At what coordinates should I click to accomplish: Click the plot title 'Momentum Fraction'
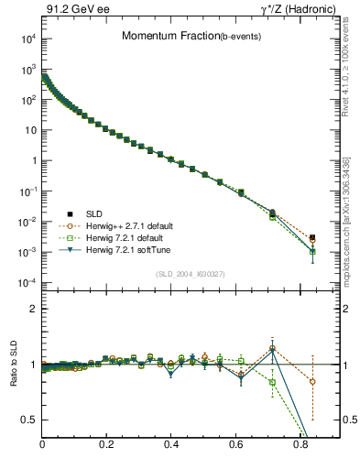161,36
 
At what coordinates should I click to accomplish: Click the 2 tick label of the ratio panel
34,309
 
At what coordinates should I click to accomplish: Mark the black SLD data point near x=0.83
312,237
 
